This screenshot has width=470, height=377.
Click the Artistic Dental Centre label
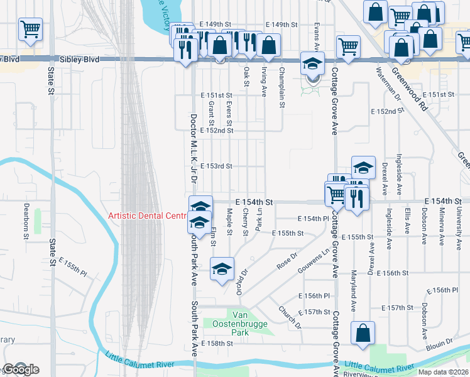148,216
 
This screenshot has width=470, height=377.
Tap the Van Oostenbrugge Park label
246,321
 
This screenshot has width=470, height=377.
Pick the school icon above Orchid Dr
221,270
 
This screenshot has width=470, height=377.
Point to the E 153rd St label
217,167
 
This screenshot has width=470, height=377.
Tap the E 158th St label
217,344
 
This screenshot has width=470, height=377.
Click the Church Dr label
290,317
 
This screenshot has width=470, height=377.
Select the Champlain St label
282,81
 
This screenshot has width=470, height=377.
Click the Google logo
20,369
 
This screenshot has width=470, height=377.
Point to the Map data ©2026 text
444,372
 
